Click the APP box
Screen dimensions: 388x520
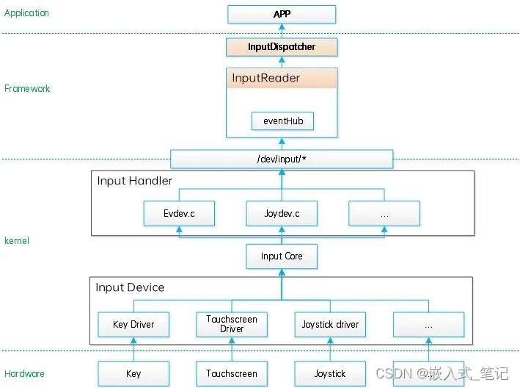click(282, 14)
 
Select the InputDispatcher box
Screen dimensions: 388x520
click(282, 47)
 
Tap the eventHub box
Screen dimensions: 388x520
click(282, 121)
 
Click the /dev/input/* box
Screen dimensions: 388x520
click(282, 159)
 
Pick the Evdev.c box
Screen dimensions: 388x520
click(180, 214)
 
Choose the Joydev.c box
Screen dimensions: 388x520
click(282, 214)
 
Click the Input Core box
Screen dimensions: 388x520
click(282, 256)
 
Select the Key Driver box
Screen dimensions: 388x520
click(133, 324)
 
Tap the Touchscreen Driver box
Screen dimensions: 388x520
click(232, 324)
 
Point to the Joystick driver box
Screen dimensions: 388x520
click(330, 324)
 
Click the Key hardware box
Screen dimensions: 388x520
click(133, 373)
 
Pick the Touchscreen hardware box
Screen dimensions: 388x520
click(232, 373)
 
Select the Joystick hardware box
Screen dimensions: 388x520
click(330, 373)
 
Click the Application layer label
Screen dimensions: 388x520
click(26, 13)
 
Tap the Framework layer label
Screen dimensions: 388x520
click(27, 88)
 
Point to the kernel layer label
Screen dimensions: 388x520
click(17, 240)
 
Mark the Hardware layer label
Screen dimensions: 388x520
click(24, 373)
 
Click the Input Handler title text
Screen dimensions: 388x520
click(134, 181)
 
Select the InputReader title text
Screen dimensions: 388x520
click(266, 78)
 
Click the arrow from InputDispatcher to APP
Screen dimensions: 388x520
click(282, 30)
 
